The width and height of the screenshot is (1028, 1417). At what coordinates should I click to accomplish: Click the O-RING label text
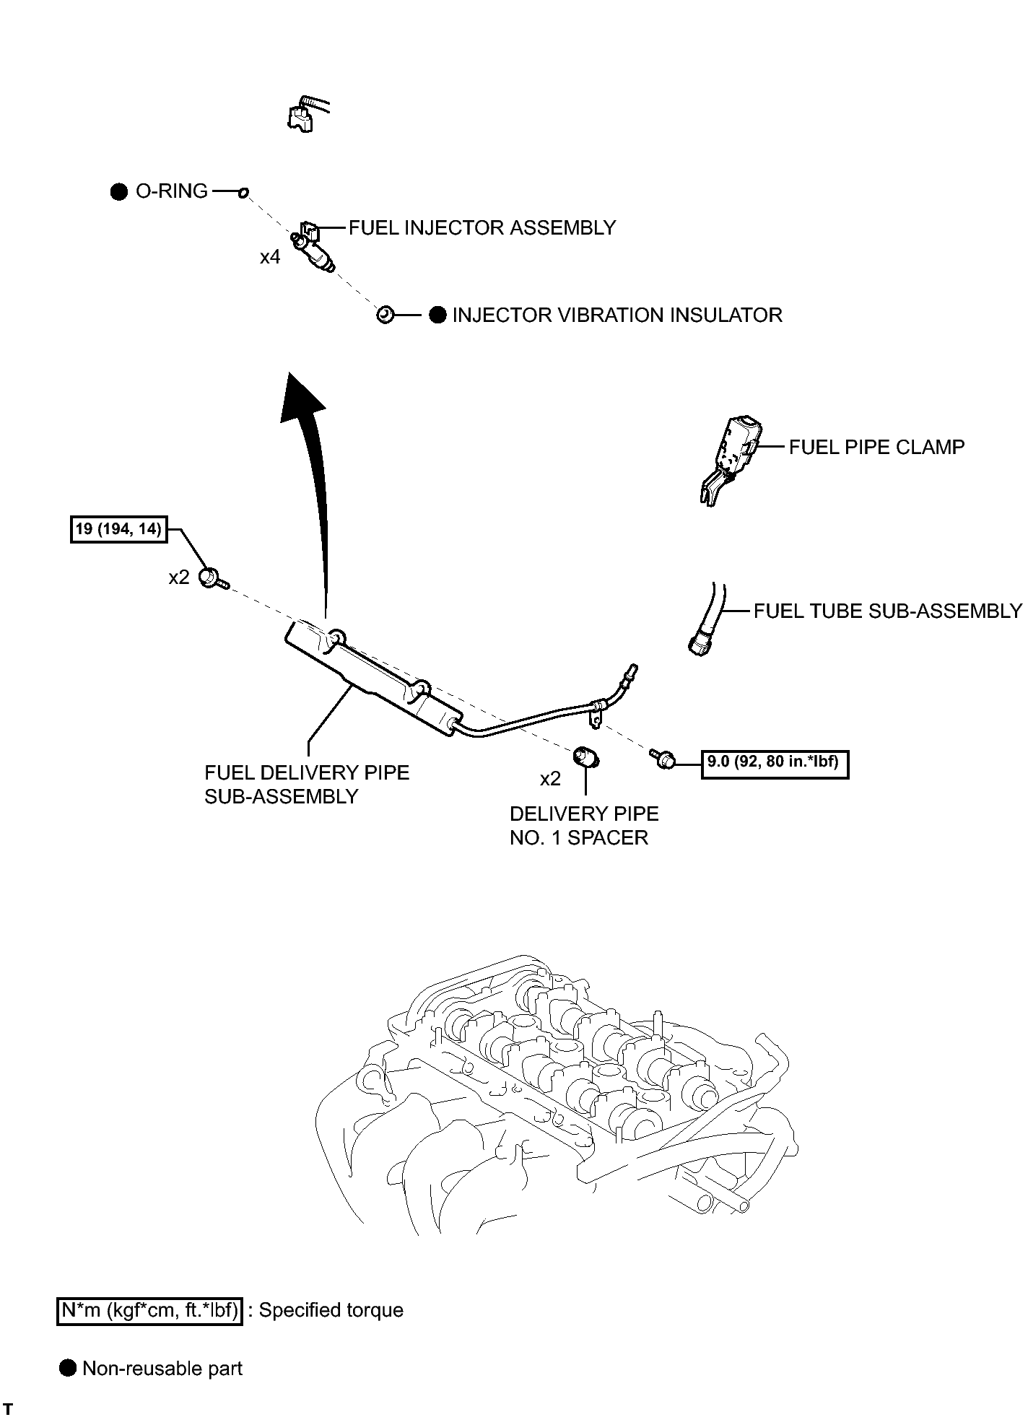click(172, 191)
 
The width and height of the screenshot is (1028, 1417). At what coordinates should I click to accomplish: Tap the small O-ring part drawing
click(243, 192)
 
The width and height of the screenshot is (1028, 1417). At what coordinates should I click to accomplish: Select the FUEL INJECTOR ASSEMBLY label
click(482, 228)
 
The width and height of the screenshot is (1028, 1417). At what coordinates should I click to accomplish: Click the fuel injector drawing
click(314, 248)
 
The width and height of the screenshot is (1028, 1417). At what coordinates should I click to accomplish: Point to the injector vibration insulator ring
click(385, 315)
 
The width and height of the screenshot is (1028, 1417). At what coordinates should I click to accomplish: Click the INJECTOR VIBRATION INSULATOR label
click(617, 315)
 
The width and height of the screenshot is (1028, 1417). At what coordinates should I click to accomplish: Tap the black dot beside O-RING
click(119, 192)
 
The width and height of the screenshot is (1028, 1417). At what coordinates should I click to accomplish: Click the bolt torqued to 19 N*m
click(214, 578)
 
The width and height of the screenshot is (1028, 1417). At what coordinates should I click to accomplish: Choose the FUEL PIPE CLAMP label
click(876, 448)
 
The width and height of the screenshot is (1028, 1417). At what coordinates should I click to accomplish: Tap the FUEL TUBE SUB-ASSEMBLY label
click(888, 611)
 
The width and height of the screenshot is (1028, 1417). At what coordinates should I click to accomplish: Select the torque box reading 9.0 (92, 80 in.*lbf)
click(775, 762)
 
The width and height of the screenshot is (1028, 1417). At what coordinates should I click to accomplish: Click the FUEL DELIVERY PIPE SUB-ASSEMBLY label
click(307, 785)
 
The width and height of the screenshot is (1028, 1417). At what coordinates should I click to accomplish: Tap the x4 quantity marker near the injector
click(270, 257)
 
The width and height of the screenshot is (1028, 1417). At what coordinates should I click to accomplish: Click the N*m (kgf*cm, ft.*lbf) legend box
click(149, 1310)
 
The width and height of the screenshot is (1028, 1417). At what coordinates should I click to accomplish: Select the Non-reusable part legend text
click(162, 1369)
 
